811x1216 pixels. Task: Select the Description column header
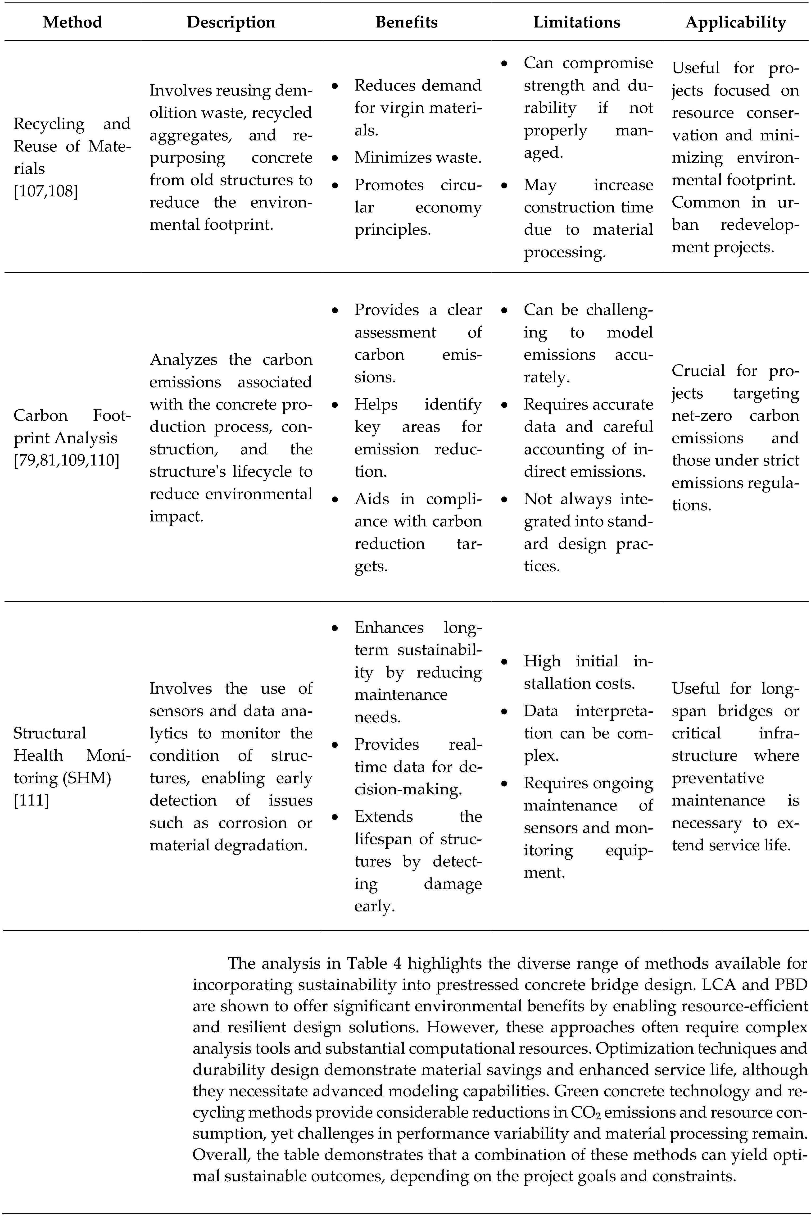231,22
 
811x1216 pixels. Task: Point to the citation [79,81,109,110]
66,460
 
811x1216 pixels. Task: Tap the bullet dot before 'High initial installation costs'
504,661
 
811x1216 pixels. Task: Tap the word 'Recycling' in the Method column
49,124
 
